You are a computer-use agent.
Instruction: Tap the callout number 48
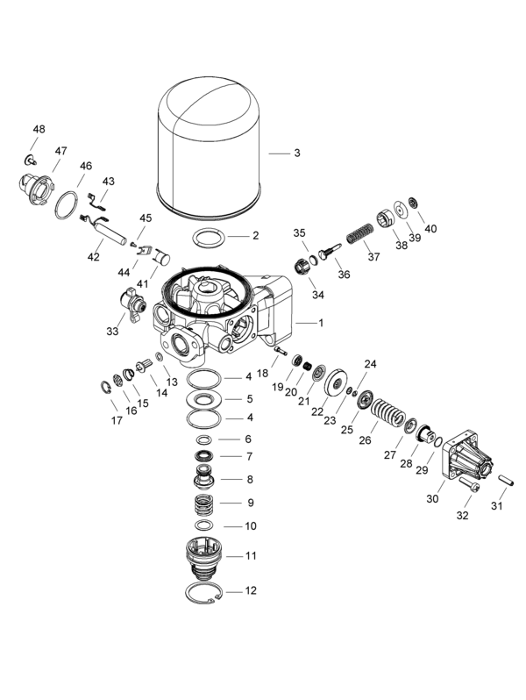[39, 130]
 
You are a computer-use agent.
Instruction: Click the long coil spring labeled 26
[387, 413]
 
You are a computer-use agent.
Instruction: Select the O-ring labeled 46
[67, 205]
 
